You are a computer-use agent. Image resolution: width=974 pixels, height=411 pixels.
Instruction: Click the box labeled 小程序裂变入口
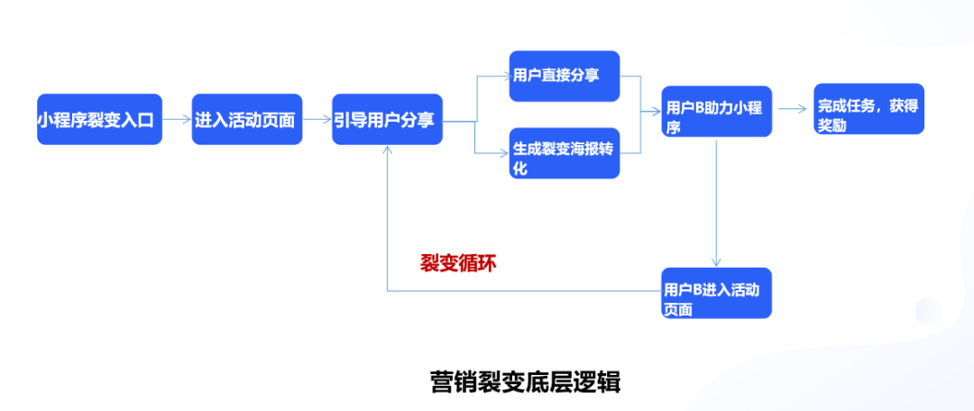coord(99,119)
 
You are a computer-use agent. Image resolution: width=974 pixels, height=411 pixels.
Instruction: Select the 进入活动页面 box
coord(246,119)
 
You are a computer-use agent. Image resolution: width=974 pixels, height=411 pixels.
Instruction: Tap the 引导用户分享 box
coord(387,119)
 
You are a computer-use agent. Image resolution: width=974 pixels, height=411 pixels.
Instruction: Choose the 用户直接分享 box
coord(565,76)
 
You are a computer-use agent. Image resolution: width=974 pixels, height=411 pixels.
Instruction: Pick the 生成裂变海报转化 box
coord(565,153)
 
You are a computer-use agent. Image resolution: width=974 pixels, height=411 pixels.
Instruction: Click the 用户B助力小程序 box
coord(717,111)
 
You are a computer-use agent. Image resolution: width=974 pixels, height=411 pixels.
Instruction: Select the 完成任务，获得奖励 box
coord(869,109)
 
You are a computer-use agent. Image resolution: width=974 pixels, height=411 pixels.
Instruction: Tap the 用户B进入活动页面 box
coord(717,293)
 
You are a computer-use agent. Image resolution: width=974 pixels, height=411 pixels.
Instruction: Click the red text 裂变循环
coord(458,264)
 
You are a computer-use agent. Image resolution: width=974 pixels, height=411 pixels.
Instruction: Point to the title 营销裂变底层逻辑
coord(525,381)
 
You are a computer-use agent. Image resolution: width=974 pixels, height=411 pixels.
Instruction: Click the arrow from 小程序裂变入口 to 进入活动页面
coord(177,119)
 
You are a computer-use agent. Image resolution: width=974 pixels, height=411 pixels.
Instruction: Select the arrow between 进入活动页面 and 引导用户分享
coord(317,119)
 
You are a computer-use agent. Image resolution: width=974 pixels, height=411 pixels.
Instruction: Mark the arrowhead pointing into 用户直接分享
coord(505,76)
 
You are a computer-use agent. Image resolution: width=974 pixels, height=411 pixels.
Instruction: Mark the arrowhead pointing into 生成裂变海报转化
coord(505,152)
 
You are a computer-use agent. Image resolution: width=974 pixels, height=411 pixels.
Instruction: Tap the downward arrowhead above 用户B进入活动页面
coord(717,263)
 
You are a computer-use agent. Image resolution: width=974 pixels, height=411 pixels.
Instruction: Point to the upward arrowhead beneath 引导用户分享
coord(387,150)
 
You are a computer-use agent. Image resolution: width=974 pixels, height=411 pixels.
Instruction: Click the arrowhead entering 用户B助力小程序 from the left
coord(657,112)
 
